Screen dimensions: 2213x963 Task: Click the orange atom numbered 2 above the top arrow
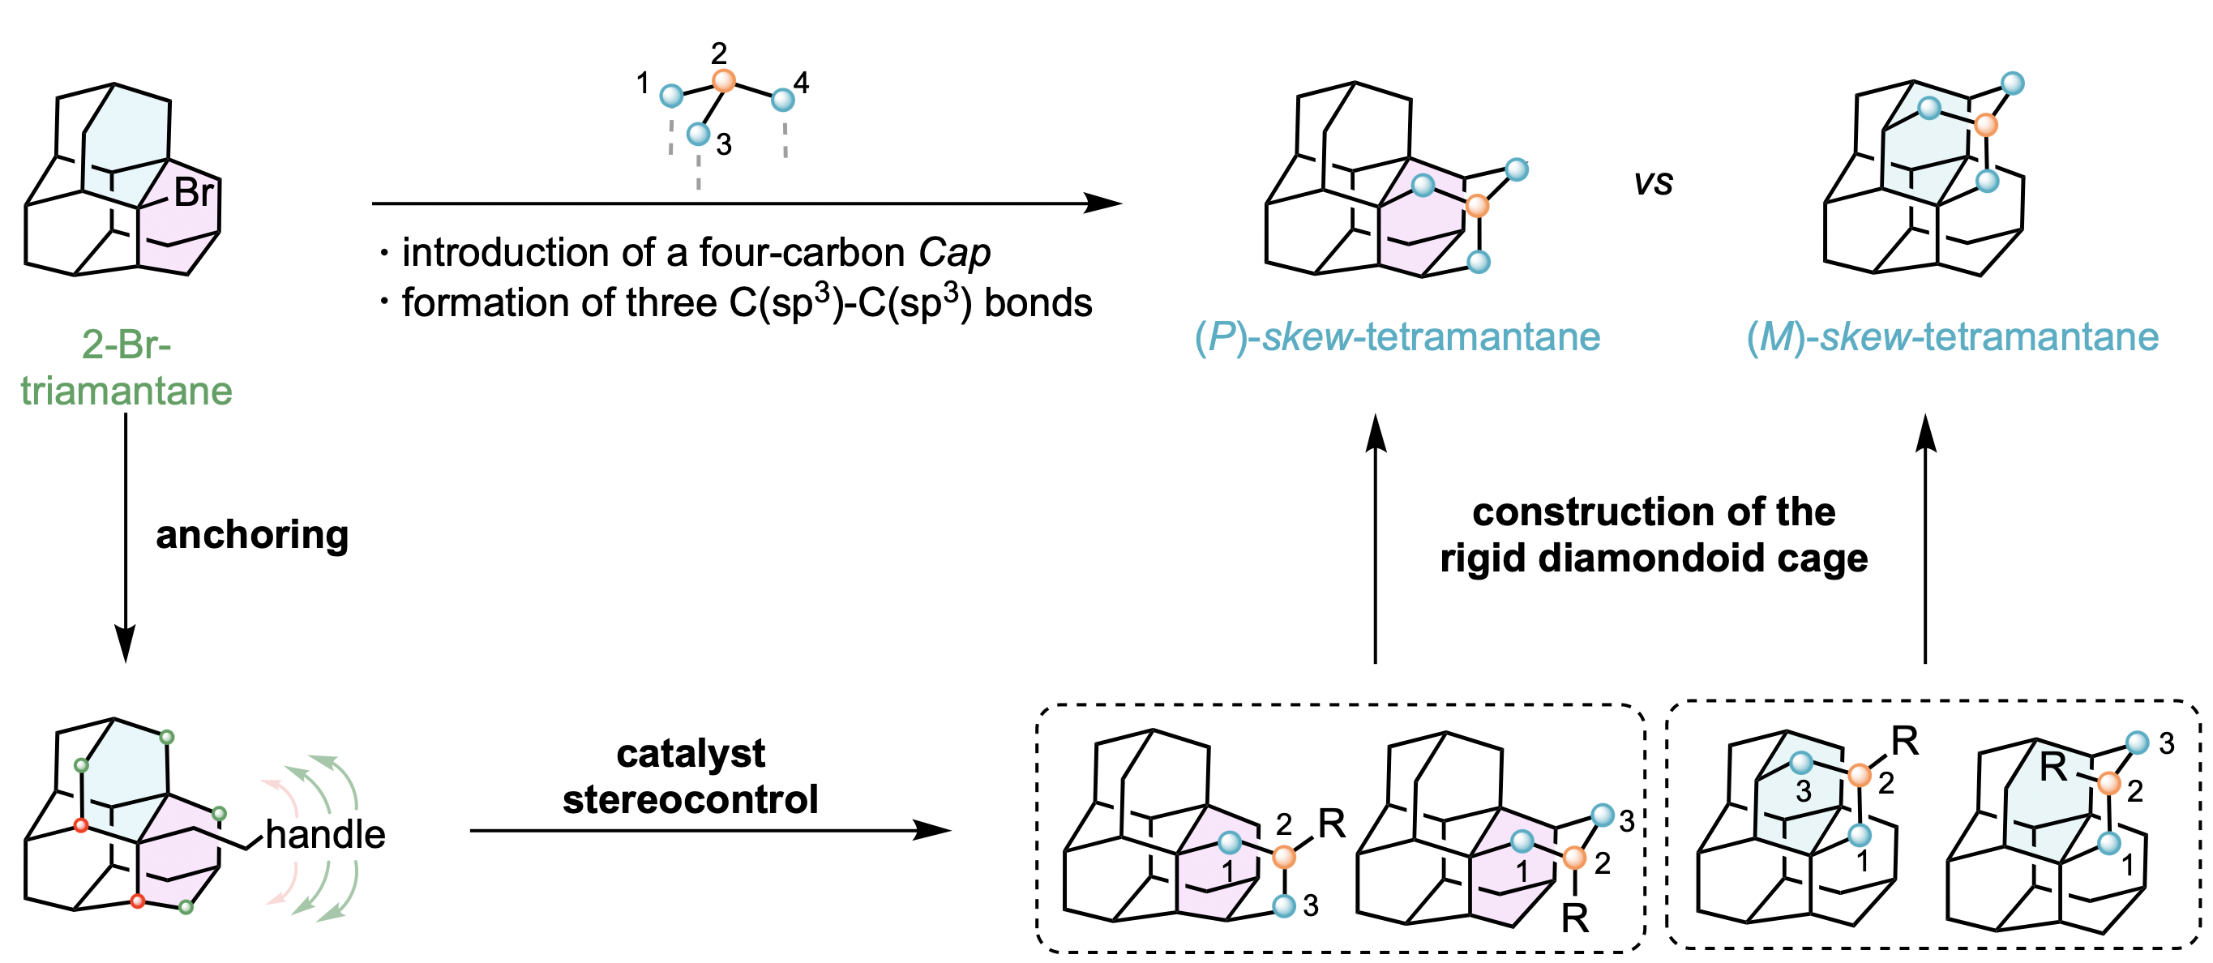click(x=724, y=81)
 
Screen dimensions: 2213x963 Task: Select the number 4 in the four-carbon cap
click(x=802, y=83)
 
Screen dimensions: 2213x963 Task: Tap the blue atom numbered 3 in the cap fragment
click(x=699, y=134)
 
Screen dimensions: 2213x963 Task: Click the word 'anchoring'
click(x=252, y=534)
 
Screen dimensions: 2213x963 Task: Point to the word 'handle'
click(x=326, y=834)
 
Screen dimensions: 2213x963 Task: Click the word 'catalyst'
click(x=691, y=753)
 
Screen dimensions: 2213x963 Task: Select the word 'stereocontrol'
click(x=691, y=800)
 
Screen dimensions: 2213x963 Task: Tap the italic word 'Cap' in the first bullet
click(x=954, y=253)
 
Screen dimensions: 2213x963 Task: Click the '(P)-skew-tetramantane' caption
click(x=1398, y=336)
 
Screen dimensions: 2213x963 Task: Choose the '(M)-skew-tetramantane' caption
click(x=1953, y=336)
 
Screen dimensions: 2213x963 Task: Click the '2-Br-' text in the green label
click(x=126, y=345)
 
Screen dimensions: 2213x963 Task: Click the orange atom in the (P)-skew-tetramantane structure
click(x=1477, y=206)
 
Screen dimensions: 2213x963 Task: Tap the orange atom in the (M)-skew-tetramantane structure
click(x=1985, y=126)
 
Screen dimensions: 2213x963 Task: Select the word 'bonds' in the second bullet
click(x=1038, y=303)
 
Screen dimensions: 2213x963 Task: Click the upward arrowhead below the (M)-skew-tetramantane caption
click(x=1926, y=432)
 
